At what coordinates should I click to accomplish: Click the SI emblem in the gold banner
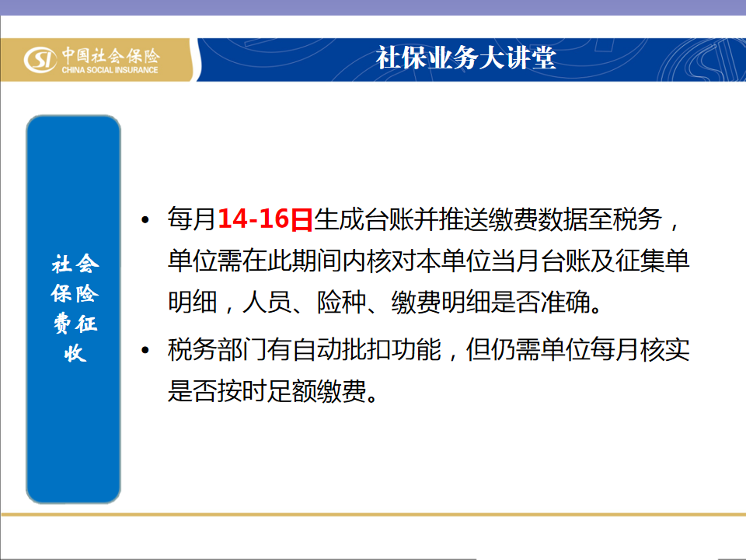click(x=40, y=60)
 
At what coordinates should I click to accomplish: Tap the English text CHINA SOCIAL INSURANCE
click(x=110, y=70)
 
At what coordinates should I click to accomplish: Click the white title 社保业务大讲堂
click(x=465, y=58)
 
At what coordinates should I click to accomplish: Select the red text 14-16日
click(x=265, y=219)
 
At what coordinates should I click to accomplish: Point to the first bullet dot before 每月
click(x=145, y=220)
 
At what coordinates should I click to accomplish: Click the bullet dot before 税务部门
click(x=145, y=351)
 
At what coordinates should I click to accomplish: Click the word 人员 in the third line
click(x=267, y=302)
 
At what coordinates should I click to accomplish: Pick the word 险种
click(x=342, y=302)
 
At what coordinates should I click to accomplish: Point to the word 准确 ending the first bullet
click(x=566, y=302)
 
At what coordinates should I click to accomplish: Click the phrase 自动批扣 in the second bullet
click(x=342, y=349)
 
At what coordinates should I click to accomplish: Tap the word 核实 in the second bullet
click(x=665, y=349)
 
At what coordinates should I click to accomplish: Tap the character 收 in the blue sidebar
click(x=75, y=353)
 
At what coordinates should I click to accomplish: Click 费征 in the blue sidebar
click(x=75, y=324)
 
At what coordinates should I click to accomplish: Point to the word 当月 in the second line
click(x=517, y=261)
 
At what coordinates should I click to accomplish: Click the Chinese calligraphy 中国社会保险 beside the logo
click(x=110, y=56)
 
